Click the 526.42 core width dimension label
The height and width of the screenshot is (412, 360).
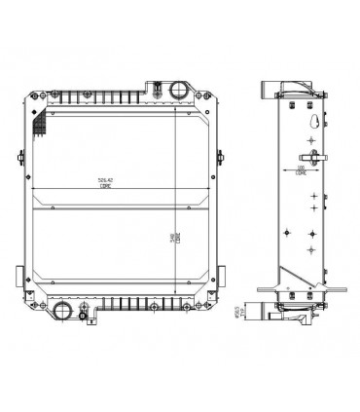pyautogui.click(x=105, y=182)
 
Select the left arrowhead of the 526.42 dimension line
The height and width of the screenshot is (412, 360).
pyautogui.click(x=33, y=188)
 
